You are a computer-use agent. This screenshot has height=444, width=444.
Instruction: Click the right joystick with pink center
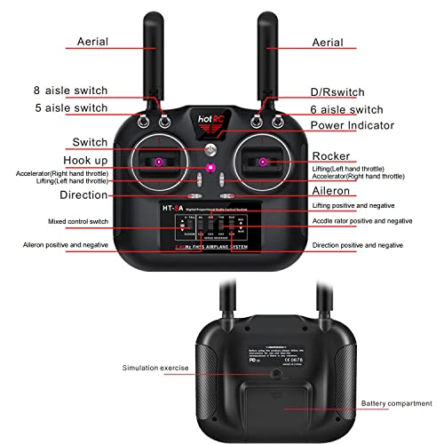pos(263,162)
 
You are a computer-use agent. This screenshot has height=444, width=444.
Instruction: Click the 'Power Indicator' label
pos(358,125)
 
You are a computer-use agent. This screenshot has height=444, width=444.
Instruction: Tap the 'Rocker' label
pos(329,155)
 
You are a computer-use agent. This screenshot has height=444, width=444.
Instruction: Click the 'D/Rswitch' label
pos(342,91)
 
